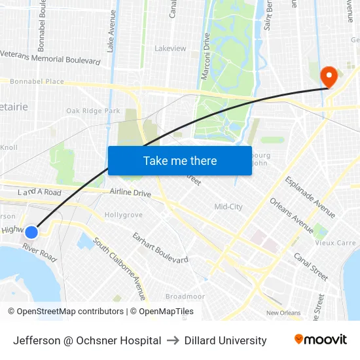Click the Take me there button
point(180,160)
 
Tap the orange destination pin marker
point(328,76)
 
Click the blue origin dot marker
point(31,232)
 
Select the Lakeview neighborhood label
point(170,48)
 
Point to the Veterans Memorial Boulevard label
point(50,57)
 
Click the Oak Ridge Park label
point(93,111)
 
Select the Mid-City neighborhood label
point(228,207)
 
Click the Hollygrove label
point(123,215)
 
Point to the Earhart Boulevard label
point(160,247)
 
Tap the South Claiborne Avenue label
point(120,260)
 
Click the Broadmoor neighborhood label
point(185,297)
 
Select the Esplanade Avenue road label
point(310,196)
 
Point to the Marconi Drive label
point(205,62)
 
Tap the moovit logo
point(320,340)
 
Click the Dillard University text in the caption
point(225,340)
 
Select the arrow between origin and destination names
point(173,340)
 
